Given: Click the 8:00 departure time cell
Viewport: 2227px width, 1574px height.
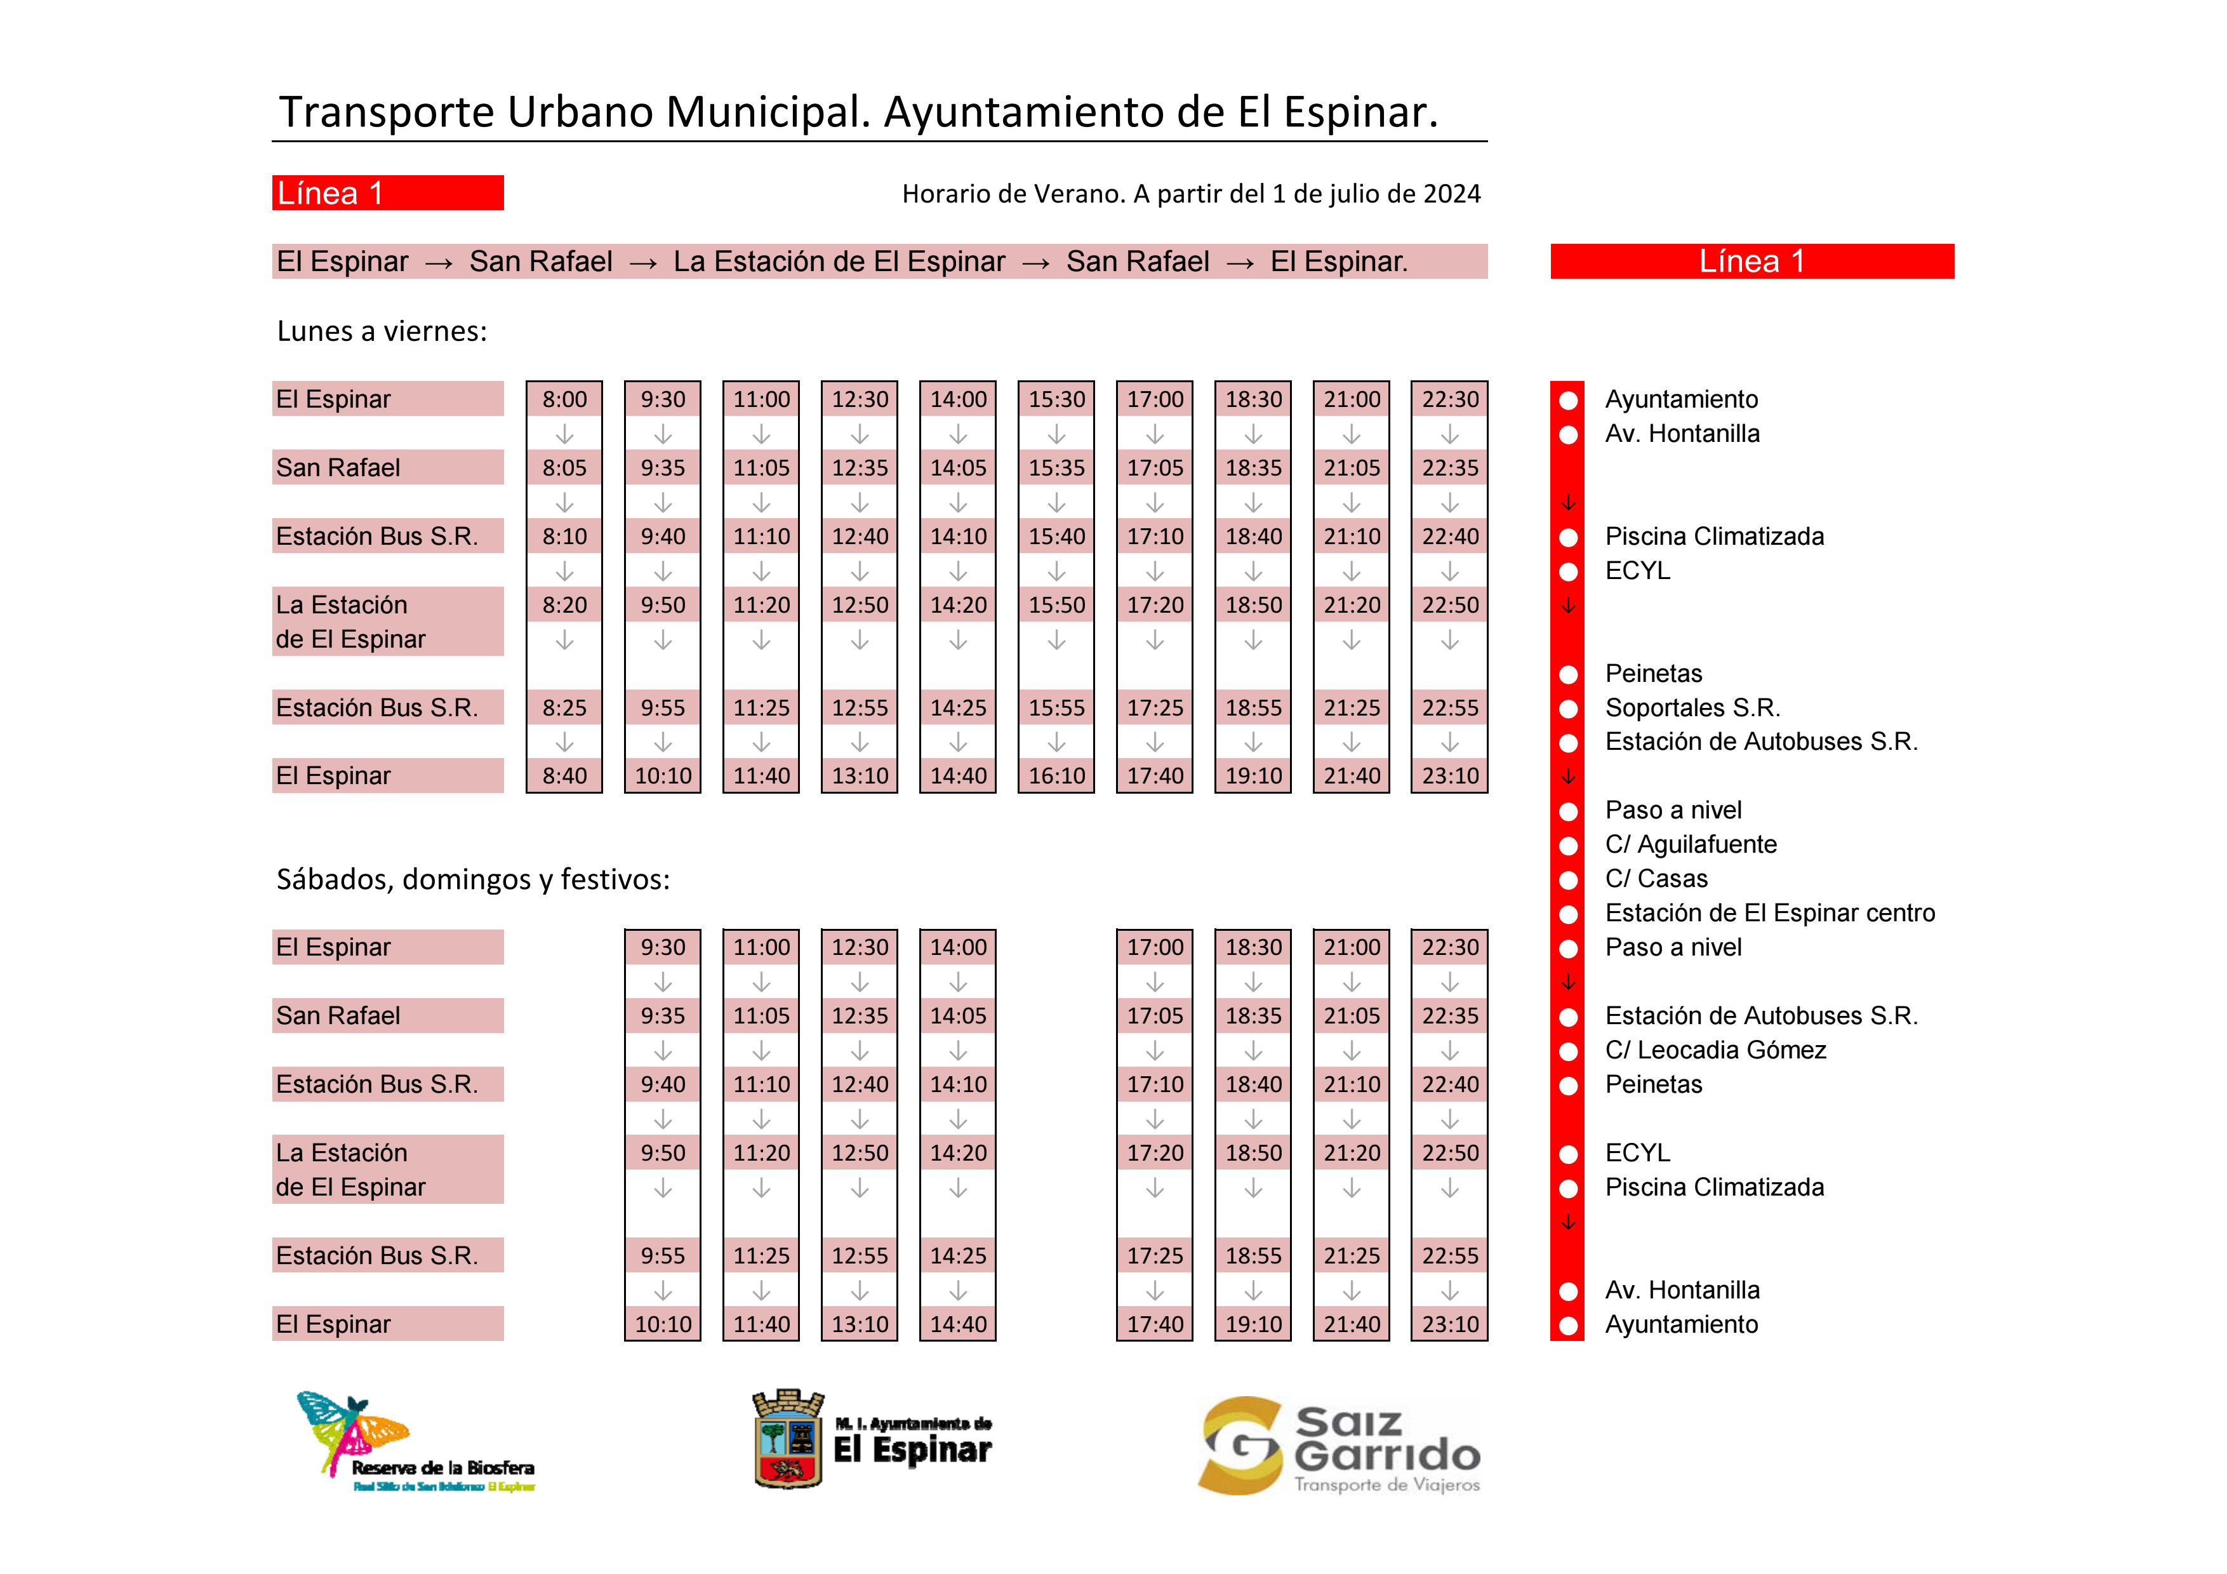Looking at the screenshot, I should [x=564, y=399].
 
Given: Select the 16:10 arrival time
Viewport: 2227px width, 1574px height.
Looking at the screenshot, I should [x=1056, y=776].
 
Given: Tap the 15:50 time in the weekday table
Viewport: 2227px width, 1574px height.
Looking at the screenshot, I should [x=1056, y=605].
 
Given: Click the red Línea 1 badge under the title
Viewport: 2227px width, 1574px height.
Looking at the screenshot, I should [x=387, y=193].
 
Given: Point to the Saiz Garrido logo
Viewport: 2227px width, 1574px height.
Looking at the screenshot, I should [x=1338, y=1446].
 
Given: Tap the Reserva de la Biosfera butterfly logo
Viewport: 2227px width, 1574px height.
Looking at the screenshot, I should [x=355, y=1436].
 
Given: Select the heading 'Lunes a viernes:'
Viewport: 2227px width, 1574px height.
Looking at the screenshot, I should [x=381, y=331].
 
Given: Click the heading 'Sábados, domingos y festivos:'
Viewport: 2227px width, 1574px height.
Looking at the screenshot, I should [x=472, y=879].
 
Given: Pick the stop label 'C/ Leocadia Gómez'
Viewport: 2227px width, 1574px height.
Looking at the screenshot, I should [x=1715, y=1050].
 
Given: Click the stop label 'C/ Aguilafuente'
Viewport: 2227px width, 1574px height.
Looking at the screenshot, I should [x=1691, y=844].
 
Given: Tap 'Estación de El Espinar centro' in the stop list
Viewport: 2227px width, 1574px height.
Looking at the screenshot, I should [x=1769, y=914].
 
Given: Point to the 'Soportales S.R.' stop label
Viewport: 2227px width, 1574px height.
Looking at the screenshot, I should [x=1692, y=708].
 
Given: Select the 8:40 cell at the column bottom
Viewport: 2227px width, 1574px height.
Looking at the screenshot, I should [x=564, y=776].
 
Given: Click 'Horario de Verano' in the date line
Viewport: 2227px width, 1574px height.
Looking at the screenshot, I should [x=1013, y=194].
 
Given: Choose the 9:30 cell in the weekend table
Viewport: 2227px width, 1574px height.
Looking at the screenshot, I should [x=663, y=947].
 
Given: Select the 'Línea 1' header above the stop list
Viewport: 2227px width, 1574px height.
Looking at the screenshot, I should [x=1751, y=262].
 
